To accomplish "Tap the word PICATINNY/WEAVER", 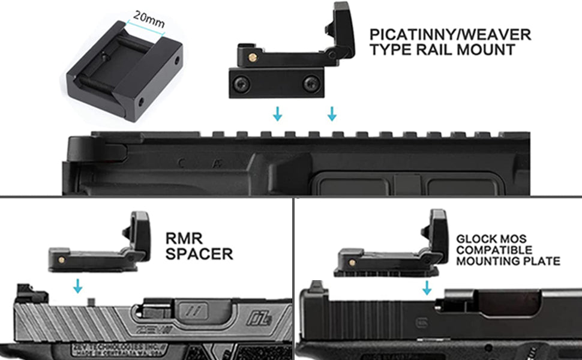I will (x=450, y=35).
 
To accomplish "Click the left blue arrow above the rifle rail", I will (x=277, y=113).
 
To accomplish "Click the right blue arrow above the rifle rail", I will (x=332, y=113).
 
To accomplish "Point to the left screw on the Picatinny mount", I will (x=240, y=85).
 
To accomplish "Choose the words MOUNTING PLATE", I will (x=508, y=261).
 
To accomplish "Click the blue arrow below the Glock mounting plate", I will (x=427, y=289).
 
